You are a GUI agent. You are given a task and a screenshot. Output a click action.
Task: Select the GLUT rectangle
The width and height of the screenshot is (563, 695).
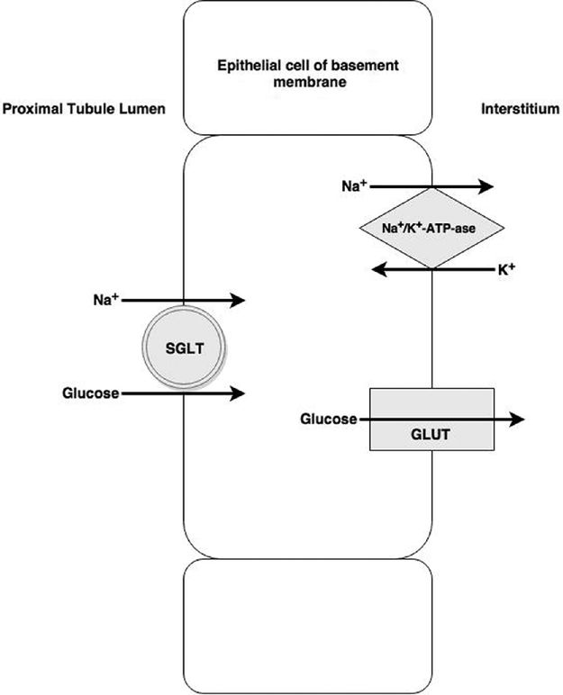point(431,419)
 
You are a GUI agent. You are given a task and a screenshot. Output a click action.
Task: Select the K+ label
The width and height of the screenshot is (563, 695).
point(506,268)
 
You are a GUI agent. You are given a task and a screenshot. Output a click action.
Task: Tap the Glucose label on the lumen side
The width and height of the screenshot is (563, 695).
point(91,393)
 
